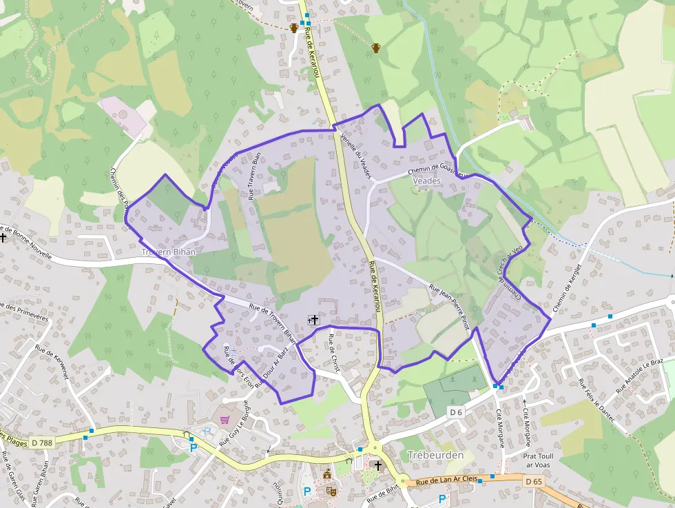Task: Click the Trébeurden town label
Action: (436, 455)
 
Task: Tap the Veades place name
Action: (426, 180)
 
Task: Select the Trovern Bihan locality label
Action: (168, 252)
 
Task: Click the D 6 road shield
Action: (456, 412)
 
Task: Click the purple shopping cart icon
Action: (225, 419)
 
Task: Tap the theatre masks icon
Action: (331, 491)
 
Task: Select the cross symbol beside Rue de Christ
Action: (315, 319)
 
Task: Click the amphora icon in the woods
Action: (375, 48)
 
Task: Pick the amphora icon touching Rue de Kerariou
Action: (294, 28)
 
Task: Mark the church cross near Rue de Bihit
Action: (377, 466)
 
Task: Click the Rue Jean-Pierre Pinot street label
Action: (449, 307)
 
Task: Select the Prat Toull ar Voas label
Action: (539, 460)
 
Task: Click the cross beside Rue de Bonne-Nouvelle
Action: (3, 237)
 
